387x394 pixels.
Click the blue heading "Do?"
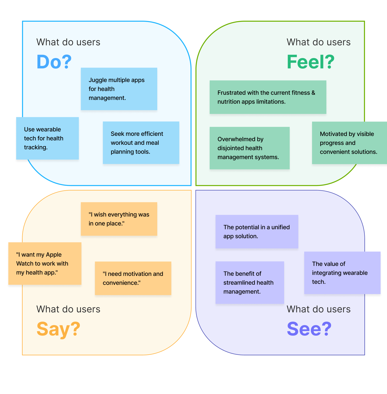click(x=54, y=62)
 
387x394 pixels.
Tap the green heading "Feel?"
click(x=310, y=62)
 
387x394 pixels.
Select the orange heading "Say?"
click(x=58, y=329)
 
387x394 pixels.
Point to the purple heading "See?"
click(x=309, y=329)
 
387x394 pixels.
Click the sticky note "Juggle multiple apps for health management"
click(x=119, y=89)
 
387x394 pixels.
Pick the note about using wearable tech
click(x=48, y=138)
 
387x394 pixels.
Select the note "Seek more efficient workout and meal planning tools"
click(x=141, y=143)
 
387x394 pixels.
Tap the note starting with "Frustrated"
click(x=268, y=97)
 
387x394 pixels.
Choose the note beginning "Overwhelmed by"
click(x=250, y=148)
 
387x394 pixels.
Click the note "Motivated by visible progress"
click(x=349, y=143)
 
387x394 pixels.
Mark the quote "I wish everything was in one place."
click(x=119, y=219)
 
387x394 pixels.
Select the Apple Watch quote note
click(x=45, y=264)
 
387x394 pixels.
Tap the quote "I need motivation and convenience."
click(x=133, y=278)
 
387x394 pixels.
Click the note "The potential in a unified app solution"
click(x=257, y=232)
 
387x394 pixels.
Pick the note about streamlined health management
click(x=250, y=283)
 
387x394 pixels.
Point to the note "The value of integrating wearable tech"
click(x=342, y=273)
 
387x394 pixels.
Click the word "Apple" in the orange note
click(x=54, y=255)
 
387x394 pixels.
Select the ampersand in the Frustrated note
click(x=313, y=93)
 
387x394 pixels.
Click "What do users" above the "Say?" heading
click(x=68, y=309)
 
